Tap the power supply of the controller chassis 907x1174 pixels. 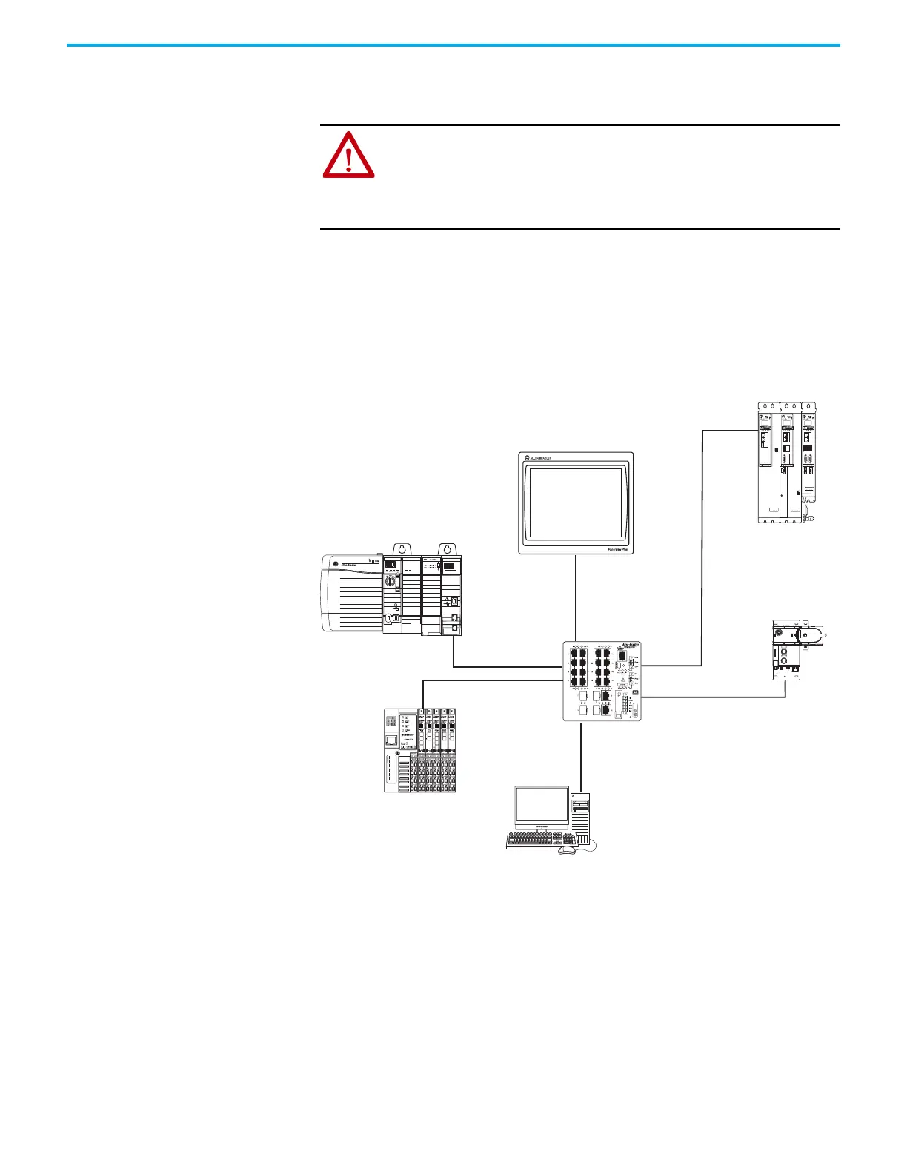351,593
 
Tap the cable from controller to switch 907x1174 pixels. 504,667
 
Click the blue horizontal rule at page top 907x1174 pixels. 453,45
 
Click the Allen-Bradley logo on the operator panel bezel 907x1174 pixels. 541,459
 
